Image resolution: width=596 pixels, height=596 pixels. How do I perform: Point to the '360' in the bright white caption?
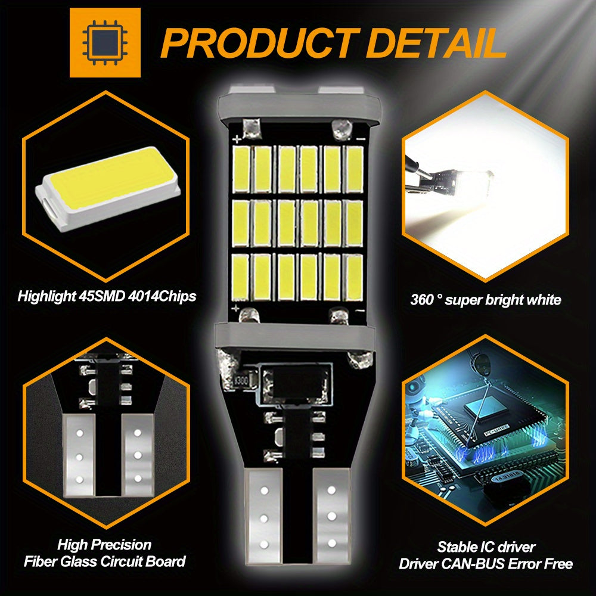click(424, 300)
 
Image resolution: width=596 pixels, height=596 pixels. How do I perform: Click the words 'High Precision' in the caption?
click(104, 544)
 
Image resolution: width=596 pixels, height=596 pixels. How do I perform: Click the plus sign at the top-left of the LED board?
click(237, 139)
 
